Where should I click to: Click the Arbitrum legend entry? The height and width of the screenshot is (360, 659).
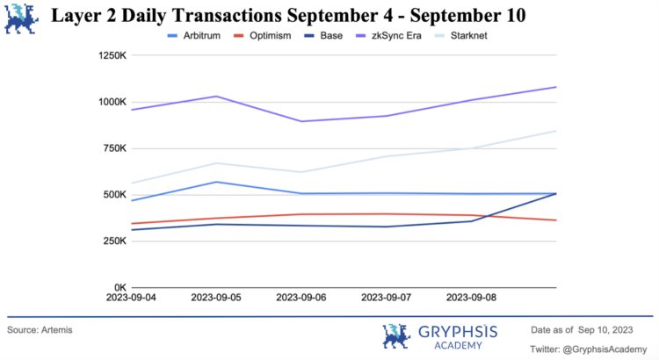[203, 35]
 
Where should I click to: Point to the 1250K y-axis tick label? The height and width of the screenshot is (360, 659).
[113, 55]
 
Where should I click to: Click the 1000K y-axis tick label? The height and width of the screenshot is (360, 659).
[113, 102]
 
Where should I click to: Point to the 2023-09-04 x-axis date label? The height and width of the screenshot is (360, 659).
[132, 298]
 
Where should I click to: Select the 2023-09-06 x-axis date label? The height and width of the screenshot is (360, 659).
[302, 298]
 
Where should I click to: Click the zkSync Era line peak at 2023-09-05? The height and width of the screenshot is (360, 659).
[217, 97]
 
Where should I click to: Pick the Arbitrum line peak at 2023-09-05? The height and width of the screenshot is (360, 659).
[217, 182]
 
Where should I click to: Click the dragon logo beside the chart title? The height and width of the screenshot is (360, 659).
[21, 18]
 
